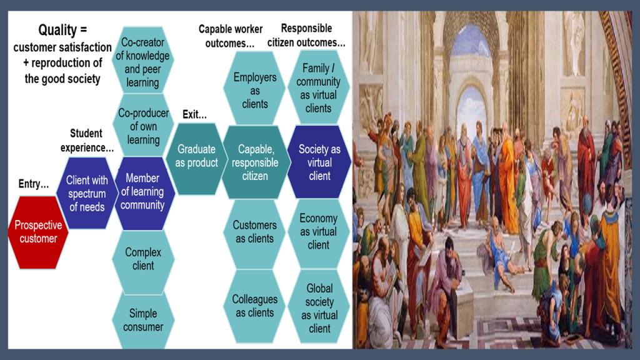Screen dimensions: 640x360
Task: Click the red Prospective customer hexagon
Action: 38,232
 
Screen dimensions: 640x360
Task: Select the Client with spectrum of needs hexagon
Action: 86,193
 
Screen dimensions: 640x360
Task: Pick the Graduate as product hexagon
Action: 196,159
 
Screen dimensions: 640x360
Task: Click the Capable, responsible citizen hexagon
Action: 255,162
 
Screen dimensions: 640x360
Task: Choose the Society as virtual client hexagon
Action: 319,162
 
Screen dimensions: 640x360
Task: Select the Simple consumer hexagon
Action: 143,320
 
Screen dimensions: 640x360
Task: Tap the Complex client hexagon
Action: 143,259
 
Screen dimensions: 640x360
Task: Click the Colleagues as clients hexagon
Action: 255,306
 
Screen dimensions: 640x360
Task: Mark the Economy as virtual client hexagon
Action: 318,232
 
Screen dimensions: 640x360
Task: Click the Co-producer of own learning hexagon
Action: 143,126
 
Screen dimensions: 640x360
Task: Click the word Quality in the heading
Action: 57,30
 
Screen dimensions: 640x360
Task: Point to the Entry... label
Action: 34,184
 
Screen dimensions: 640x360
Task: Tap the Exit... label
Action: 194,114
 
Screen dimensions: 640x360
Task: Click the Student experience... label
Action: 86,141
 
